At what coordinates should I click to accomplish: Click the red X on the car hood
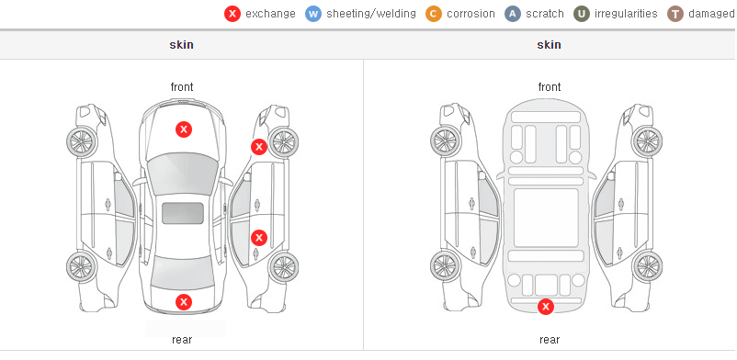click(184, 129)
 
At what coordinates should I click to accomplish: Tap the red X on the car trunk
click(184, 302)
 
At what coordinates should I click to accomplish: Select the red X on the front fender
click(258, 147)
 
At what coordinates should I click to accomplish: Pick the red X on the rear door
click(258, 238)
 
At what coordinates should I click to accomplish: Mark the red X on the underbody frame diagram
click(546, 307)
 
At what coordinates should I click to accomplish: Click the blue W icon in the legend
click(313, 14)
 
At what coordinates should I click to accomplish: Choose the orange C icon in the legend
click(434, 14)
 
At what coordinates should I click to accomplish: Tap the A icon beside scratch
click(513, 14)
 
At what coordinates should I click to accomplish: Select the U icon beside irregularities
click(582, 14)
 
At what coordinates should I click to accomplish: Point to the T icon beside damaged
click(675, 14)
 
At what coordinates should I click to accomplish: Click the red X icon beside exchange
click(232, 14)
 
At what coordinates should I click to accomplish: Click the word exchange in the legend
click(270, 14)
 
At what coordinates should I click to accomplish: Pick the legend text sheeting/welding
click(371, 14)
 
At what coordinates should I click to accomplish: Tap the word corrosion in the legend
click(471, 14)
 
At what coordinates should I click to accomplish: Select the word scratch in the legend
click(545, 14)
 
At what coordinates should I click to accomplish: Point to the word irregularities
click(626, 14)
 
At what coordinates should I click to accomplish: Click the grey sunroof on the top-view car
click(183, 213)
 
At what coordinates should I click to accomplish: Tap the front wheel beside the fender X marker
click(283, 141)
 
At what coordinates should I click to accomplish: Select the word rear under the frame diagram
click(550, 339)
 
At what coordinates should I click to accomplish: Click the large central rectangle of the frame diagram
click(546, 218)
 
